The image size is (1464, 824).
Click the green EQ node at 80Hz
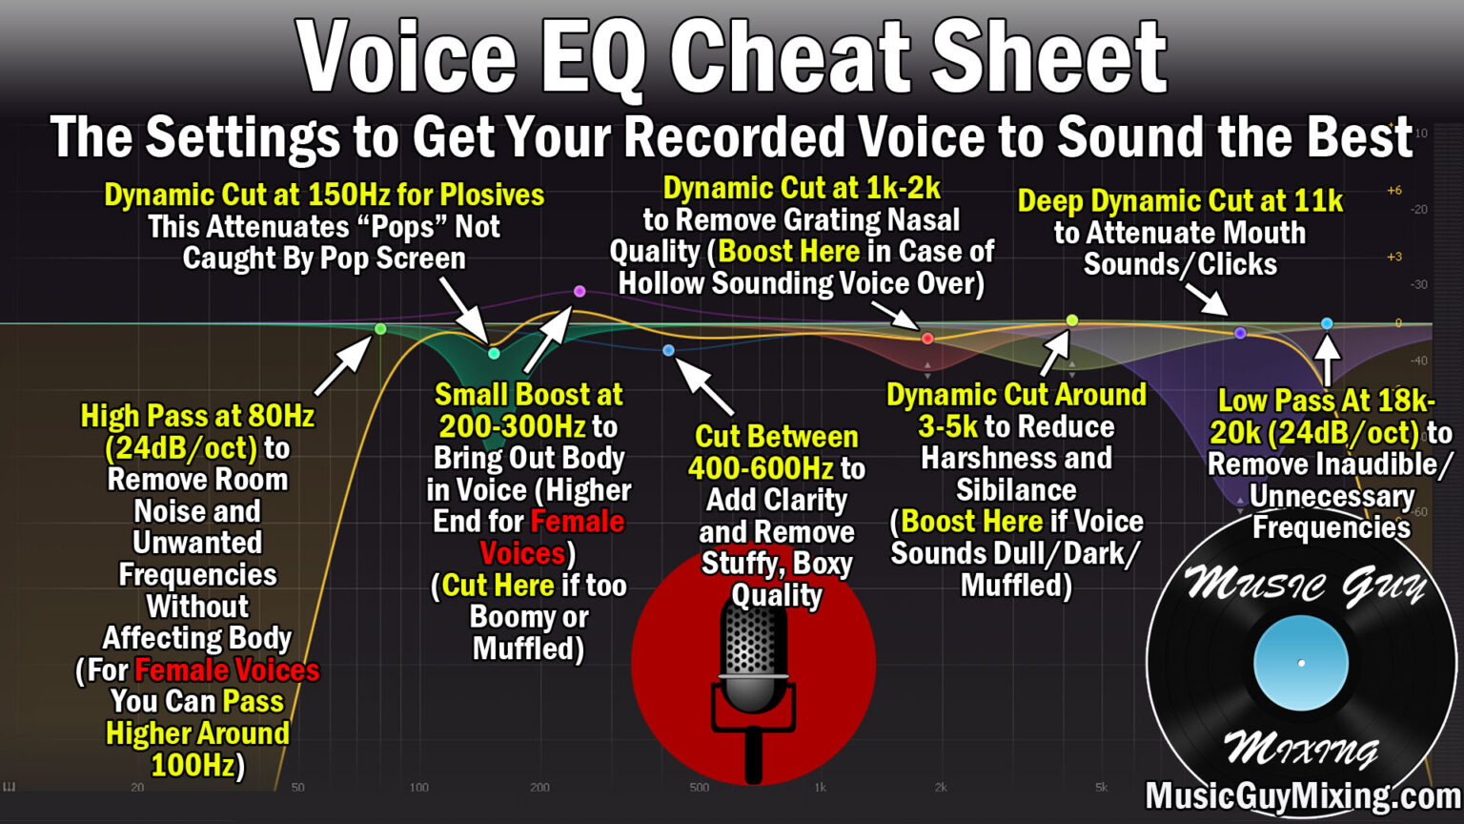pos(380,329)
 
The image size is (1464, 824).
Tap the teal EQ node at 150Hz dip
pos(494,354)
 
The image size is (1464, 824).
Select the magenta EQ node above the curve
pos(579,291)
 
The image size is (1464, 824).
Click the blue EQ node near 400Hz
pos(668,351)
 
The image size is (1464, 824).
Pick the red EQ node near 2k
pos(927,339)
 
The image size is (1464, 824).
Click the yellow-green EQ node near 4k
pos(1072,320)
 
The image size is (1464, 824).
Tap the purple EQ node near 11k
pos(1240,333)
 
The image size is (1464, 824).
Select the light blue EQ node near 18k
pos(1327,324)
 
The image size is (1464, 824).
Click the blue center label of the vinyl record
pos(1301,663)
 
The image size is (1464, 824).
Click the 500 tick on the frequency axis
pos(700,788)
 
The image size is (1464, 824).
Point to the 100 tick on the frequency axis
pos(419,788)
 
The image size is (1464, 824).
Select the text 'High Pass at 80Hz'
pos(197,416)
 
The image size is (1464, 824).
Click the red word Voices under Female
pos(521,553)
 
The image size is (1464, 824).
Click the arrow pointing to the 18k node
pos(1328,359)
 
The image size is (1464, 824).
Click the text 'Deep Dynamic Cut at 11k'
pos(1180,201)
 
